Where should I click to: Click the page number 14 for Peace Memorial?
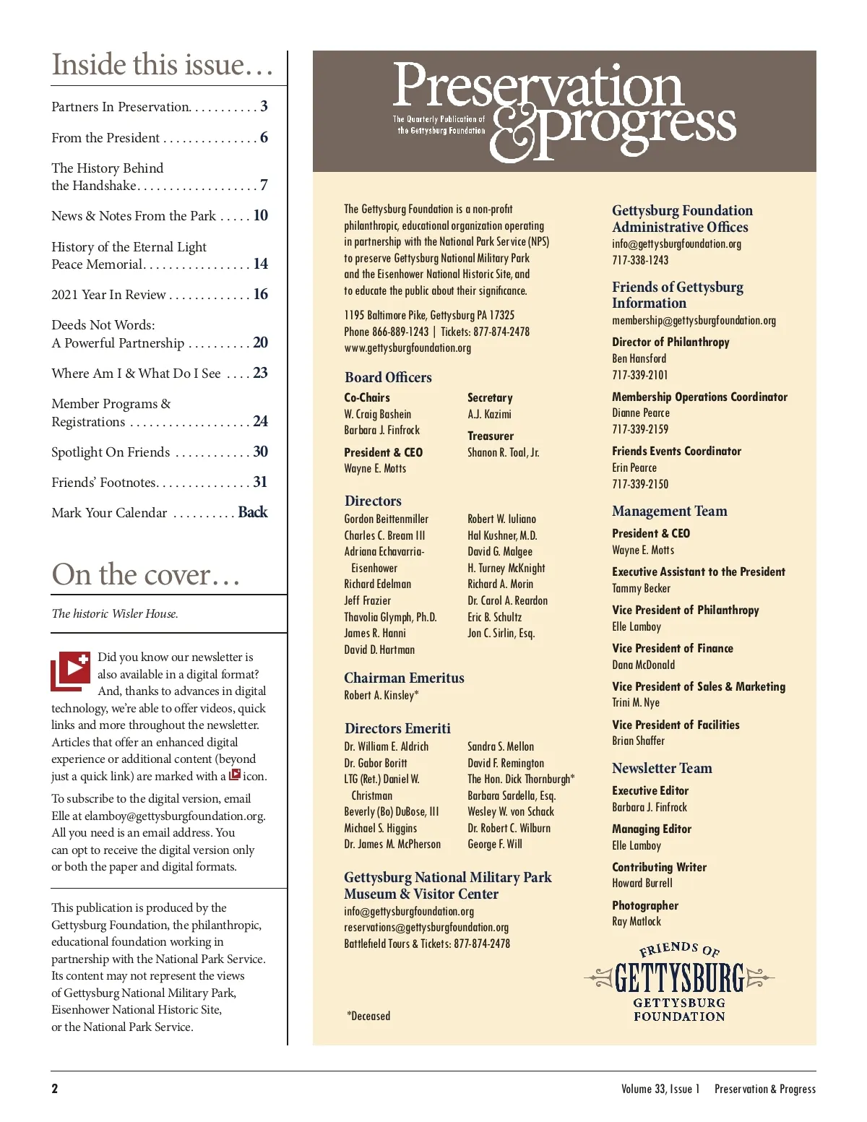tap(261, 264)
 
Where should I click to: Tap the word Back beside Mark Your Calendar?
tap(253, 512)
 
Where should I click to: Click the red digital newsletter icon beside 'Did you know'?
tap(70, 670)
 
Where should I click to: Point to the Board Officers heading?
tap(388, 377)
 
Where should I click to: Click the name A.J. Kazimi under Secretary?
tap(489, 414)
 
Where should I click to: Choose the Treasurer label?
tap(491, 436)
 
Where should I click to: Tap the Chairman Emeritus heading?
tap(404, 678)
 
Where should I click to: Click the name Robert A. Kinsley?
tap(381, 695)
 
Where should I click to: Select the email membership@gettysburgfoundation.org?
tap(694, 320)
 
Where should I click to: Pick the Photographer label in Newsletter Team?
tap(645, 905)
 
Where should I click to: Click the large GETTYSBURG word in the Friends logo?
tap(679, 979)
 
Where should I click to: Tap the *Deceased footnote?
tap(368, 1016)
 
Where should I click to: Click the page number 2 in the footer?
tap(55, 1089)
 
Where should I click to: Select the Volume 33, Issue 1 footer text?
tap(660, 1089)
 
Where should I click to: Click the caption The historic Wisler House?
tap(115, 613)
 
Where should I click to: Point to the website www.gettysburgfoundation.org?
tap(407, 348)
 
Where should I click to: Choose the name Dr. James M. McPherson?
tap(392, 844)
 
